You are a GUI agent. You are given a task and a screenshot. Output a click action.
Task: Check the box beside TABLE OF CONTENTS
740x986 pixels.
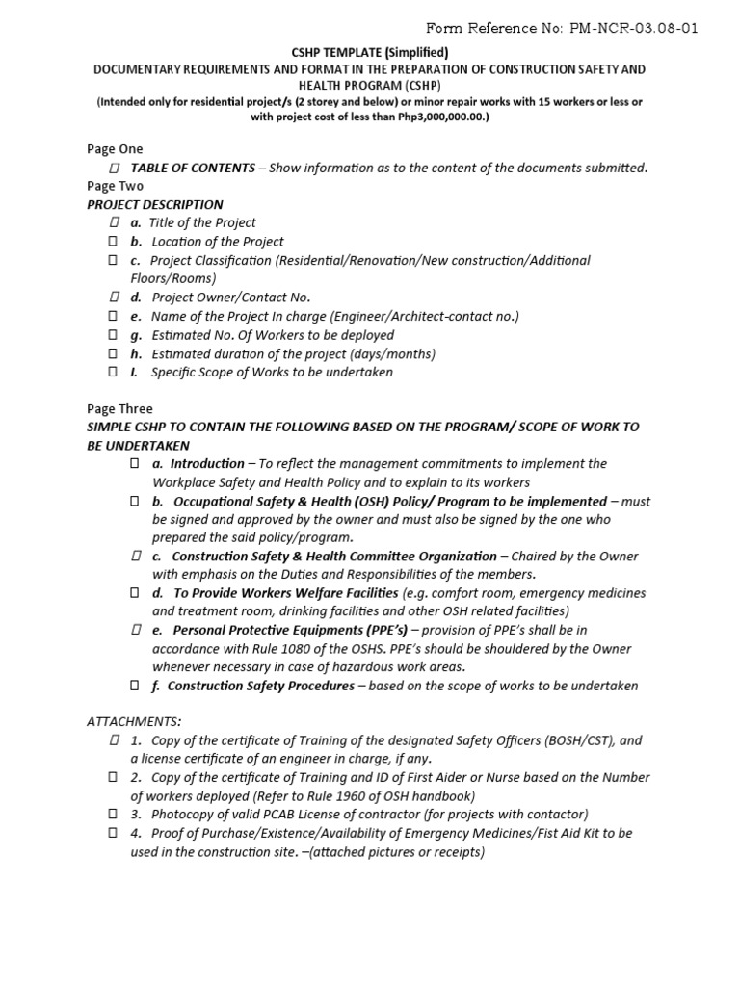115,169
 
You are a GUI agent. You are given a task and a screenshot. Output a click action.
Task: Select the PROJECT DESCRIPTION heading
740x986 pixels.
155,205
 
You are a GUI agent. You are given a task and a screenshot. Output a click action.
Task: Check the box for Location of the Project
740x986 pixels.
113,242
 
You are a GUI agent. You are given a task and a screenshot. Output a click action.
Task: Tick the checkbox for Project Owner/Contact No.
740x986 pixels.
113,298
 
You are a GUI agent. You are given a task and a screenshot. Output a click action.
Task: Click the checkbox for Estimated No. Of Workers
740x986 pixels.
113,335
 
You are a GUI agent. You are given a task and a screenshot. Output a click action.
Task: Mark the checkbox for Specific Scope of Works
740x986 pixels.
113,372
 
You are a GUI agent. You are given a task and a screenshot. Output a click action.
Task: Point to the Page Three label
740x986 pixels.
119,409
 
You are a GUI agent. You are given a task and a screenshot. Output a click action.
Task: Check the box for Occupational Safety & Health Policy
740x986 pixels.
136,502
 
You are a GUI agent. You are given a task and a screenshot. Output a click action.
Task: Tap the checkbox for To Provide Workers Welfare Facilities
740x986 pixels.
136,593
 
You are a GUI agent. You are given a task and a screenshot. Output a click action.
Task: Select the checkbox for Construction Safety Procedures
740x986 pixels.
136,686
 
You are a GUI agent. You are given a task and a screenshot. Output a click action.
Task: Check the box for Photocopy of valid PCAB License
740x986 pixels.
113,815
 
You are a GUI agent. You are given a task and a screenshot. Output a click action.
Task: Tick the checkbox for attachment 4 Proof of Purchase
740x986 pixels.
113,833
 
